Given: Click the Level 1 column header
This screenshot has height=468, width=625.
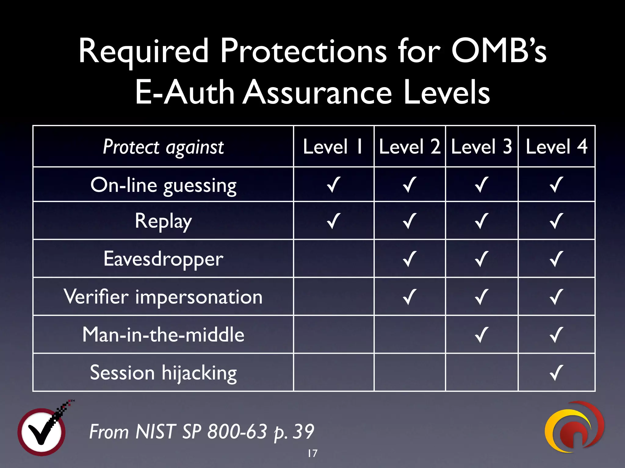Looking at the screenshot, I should click(x=333, y=147).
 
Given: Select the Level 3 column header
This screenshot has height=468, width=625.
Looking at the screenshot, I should click(x=482, y=147).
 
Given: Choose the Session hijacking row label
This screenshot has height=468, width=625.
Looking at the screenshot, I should click(x=163, y=373).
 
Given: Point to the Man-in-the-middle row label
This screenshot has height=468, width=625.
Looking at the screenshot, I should click(x=163, y=335).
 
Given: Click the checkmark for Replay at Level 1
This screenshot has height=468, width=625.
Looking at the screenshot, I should click(x=333, y=221).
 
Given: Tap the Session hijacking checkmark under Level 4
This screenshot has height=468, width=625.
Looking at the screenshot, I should click(x=556, y=373).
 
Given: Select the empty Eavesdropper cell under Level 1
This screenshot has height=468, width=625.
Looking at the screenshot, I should click(x=334, y=259).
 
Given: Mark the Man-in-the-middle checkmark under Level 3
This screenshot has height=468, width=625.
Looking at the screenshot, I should click(x=482, y=335).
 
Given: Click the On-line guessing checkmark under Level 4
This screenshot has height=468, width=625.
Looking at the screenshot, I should click(x=556, y=185).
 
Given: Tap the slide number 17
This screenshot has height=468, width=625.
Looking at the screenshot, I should click(x=312, y=453).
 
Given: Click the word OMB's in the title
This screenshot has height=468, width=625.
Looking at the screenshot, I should click(x=499, y=51).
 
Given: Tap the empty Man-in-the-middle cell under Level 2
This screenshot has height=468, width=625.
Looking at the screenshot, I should click(x=410, y=335).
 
